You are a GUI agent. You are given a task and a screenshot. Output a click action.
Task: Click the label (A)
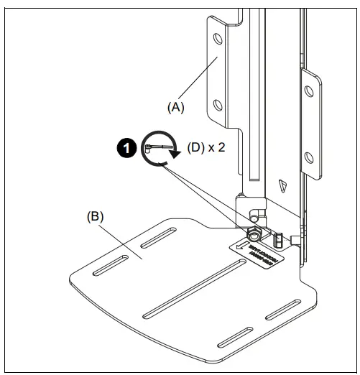click(x=176, y=107)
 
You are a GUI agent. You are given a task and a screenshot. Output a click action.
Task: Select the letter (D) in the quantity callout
click(x=197, y=149)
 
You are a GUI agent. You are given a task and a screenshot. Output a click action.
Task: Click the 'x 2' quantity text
click(x=218, y=149)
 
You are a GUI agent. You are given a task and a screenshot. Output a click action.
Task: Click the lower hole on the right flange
click(x=309, y=155)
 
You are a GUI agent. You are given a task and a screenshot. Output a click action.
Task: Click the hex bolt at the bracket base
click(x=254, y=235)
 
